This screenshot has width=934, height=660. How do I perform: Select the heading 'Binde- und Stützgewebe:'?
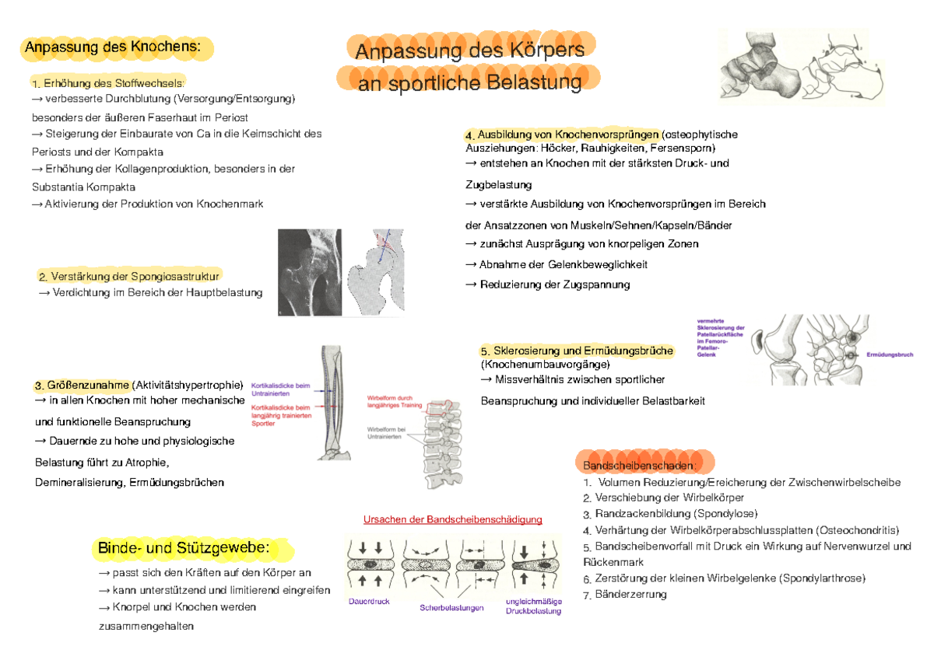pos(184,549)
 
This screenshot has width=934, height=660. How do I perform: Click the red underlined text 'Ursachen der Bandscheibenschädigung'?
pos(452,519)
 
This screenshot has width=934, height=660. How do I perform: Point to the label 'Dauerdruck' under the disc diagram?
pos(368,602)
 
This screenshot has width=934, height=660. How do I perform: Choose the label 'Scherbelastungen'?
pos(451,608)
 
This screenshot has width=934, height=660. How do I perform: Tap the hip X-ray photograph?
pos(310,272)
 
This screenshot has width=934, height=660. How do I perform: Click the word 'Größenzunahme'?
pos(88,386)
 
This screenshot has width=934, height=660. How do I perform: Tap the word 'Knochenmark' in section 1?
pos(234,204)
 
